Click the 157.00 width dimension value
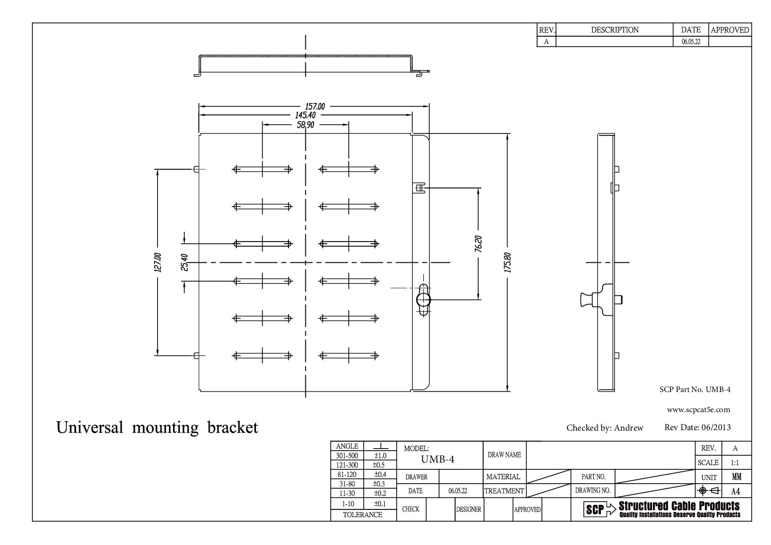(315, 106)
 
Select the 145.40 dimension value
(305, 115)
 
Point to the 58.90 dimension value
(305, 124)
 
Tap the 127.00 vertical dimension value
(158, 262)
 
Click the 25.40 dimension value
(184, 262)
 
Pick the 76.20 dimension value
(479, 244)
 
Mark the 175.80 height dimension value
(508, 262)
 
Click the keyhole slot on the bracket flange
(423, 299)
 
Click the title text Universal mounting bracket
(157, 428)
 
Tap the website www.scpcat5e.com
(698, 410)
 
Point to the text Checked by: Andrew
(605, 428)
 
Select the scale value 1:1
(735, 463)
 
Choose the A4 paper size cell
(735, 491)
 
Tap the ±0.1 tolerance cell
(380, 503)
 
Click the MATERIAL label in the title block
(503, 476)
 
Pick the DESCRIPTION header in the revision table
(614, 30)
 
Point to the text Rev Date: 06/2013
(697, 427)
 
